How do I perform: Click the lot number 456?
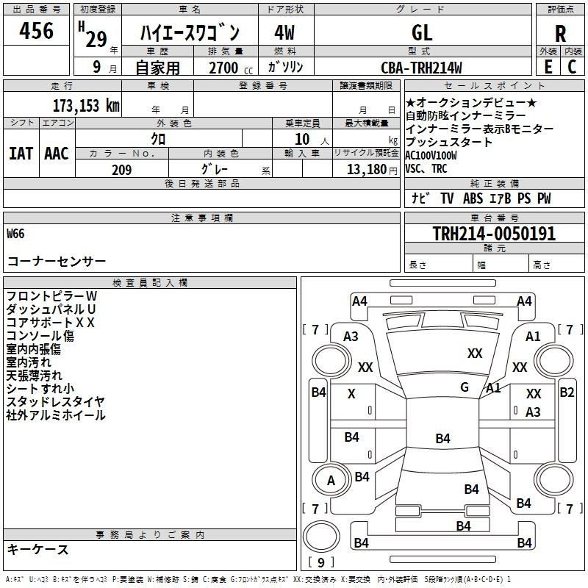click(36, 30)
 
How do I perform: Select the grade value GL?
click(422, 32)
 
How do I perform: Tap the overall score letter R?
click(560, 34)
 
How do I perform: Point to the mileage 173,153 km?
click(86, 105)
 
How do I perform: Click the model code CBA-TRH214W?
click(421, 68)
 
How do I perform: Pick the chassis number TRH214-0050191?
click(494, 233)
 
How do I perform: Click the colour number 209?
click(121, 170)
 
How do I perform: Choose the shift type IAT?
click(21, 154)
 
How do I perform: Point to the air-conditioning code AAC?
click(57, 154)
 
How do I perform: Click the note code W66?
click(15, 234)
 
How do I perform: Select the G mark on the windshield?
click(465, 387)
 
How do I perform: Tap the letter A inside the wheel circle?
click(331, 481)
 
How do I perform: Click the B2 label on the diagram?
click(567, 392)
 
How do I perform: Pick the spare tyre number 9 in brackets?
click(320, 562)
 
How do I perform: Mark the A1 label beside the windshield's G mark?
click(493, 388)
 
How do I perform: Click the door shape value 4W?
click(284, 32)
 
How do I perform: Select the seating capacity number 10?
click(302, 139)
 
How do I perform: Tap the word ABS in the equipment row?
click(473, 198)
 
